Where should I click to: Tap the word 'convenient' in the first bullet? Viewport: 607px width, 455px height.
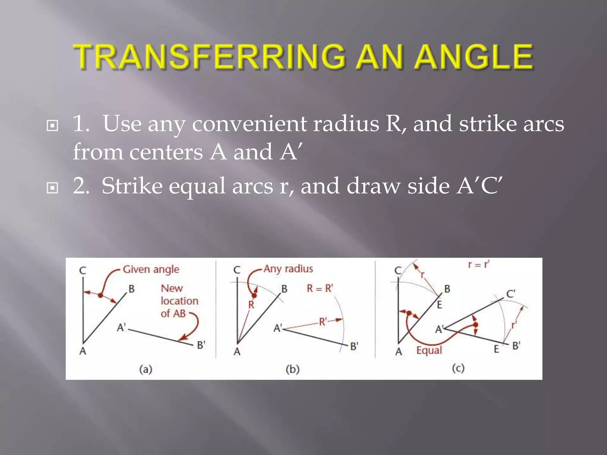tap(249, 124)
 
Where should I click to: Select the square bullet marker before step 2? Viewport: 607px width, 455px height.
tap(52, 188)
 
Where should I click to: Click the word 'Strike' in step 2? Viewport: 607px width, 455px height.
tap(132, 186)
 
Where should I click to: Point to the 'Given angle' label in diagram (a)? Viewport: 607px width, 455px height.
tap(151, 270)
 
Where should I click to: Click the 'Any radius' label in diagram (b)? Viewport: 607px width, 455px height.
tap(288, 269)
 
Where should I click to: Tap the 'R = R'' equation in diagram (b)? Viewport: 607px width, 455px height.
tap(320, 288)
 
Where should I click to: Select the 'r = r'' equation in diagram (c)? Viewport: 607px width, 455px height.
tap(479, 264)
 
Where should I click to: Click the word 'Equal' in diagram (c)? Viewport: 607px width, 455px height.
tap(429, 350)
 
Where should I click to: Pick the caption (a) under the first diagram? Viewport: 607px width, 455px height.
tap(146, 369)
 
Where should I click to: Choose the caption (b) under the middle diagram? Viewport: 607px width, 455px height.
tap(293, 369)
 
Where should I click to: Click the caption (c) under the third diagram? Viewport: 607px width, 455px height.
tap(458, 368)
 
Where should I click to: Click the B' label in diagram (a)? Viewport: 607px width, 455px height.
tap(201, 345)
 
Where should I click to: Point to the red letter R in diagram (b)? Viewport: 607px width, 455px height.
tap(251, 305)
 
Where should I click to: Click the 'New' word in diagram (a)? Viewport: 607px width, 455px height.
tap(172, 288)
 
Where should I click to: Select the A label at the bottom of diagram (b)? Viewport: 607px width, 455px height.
tap(237, 352)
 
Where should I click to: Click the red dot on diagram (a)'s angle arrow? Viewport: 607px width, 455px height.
tap(100, 295)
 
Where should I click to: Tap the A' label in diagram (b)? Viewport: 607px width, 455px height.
tap(278, 328)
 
